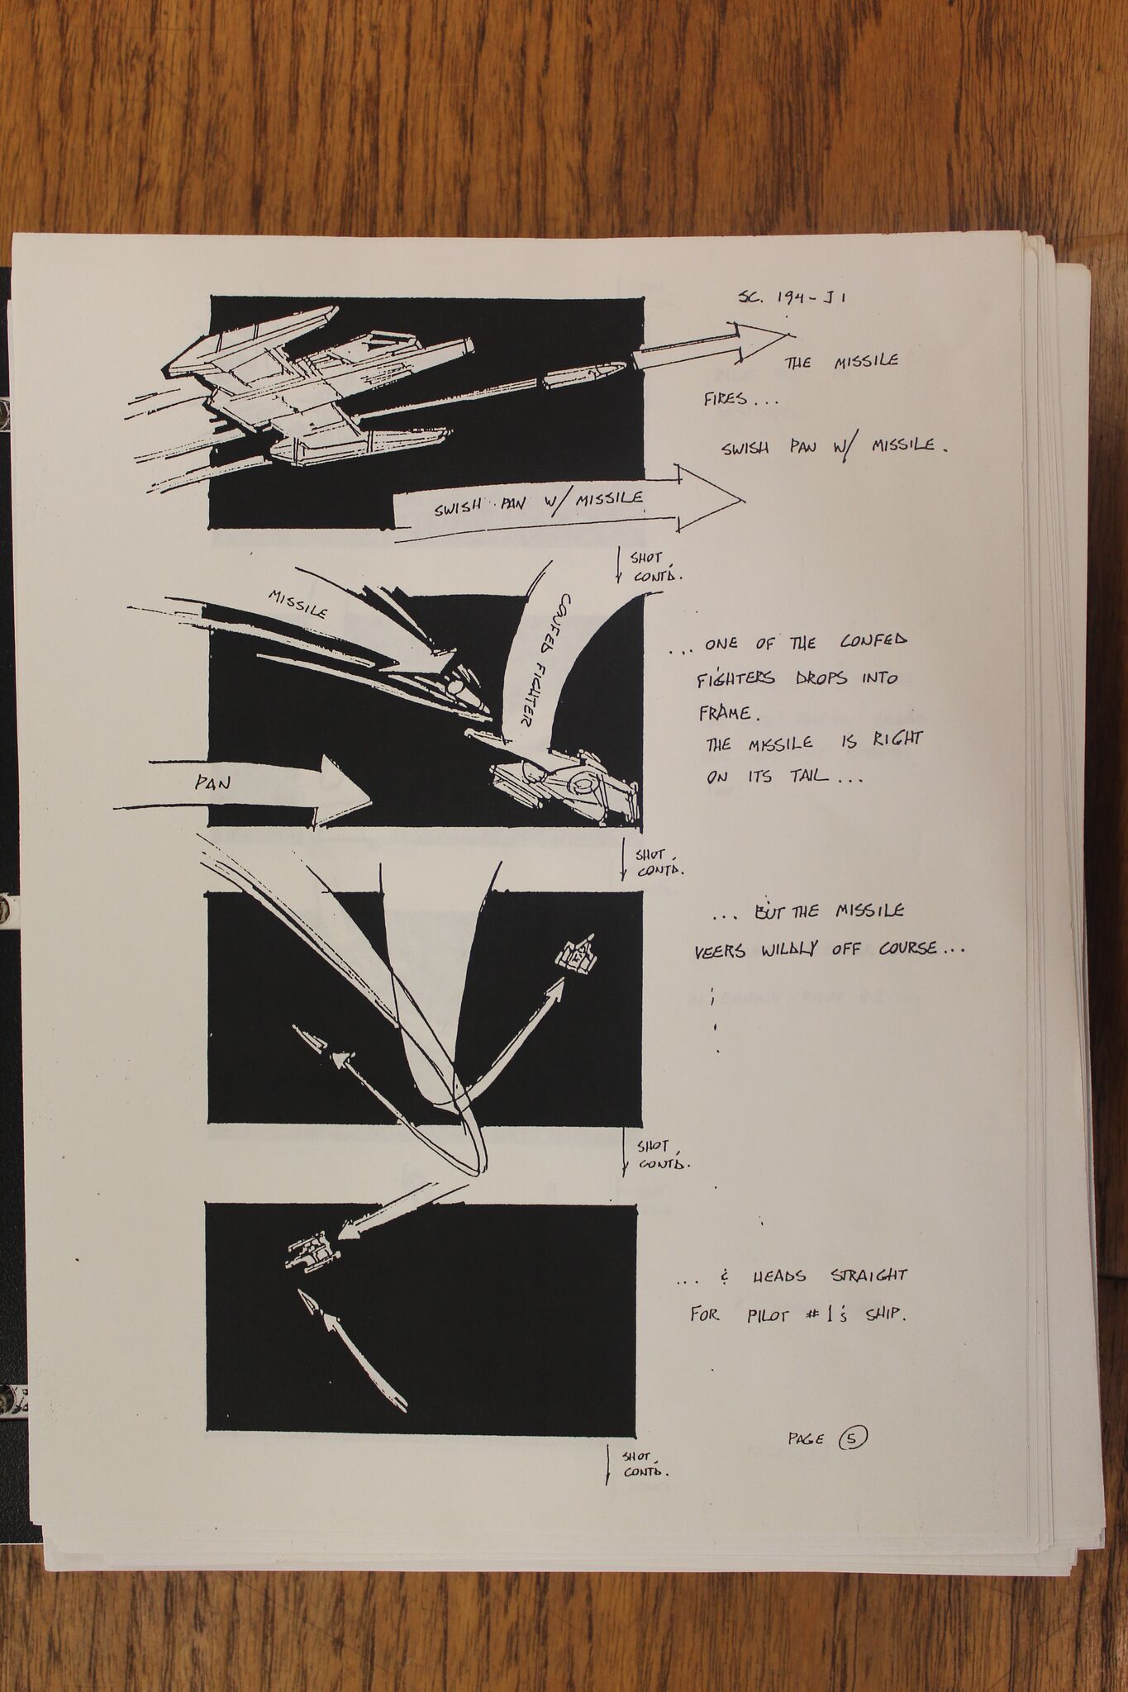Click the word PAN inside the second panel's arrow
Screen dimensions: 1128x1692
(x=212, y=783)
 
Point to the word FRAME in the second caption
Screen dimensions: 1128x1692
(x=723, y=712)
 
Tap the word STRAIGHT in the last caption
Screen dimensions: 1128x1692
(x=868, y=1276)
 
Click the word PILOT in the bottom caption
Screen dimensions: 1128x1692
(x=765, y=1314)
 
